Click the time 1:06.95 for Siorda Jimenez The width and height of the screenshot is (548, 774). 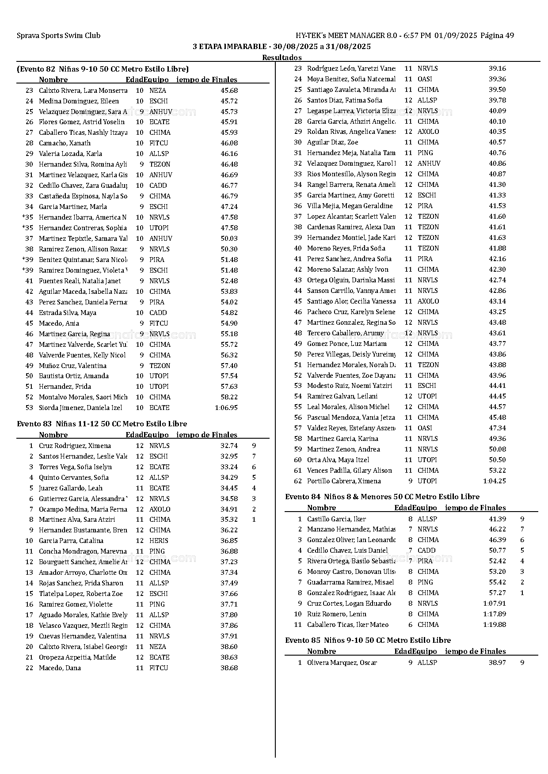pos(226,408)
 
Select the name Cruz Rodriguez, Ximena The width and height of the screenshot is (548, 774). pos(75,446)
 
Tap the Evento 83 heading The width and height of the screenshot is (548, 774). pos(102,424)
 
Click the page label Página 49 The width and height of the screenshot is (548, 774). pos(497,36)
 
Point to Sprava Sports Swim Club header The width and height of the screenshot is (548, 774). pos(58,36)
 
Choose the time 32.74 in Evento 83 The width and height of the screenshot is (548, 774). pos(229,446)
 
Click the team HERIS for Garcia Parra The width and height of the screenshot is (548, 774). pos(159,541)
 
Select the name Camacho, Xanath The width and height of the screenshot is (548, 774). pos(65,143)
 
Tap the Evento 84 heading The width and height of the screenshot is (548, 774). pos(382,497)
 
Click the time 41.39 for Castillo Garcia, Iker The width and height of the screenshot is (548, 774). pos(497,519)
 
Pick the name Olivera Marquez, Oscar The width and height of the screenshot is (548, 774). pos(342,663)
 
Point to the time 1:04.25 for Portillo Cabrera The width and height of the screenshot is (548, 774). pos(494,481)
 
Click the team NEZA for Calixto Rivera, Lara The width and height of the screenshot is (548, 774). pos(157,91)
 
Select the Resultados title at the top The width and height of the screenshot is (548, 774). pos(282,57)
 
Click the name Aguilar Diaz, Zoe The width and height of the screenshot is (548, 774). pos(332,142)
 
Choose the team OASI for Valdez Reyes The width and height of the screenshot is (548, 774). pos(425,428)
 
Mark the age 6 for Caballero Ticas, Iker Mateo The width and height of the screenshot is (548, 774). pos(410,625)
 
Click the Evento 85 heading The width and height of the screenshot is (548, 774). pos(368,640)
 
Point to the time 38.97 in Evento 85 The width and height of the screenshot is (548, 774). pos(497,663)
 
